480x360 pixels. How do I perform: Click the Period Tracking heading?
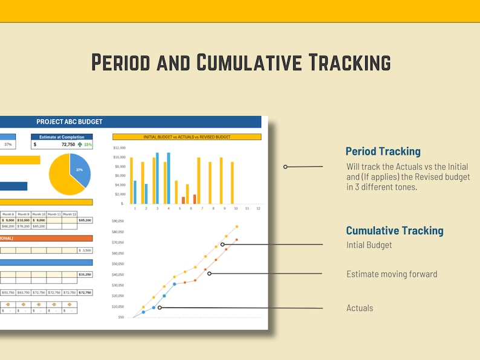pyautogui.click(x=383, y=152)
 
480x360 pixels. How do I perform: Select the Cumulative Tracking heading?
pyautogui.click(x=394, y=230)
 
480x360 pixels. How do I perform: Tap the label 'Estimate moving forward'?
pyautogui.click(x=391, y=274)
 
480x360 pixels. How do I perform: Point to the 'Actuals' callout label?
pyautogui.click(x=360, y=308)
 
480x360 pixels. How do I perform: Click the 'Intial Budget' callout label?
pyautogui.click(x=369, y=245)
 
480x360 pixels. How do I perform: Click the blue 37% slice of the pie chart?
pyautogui.click(x=80, y=169)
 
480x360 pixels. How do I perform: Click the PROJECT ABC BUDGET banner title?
pyautogui.click(x=70, y=122)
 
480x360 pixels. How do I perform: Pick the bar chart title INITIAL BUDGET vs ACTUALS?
pyautogui.click(x=187, y=137)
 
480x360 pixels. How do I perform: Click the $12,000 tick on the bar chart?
pyautogui.click(x=119, y=148)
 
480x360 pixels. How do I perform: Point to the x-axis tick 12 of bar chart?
pyautogui.click(x=258, y=208)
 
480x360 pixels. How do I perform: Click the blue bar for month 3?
pyautogui.click(x=157, y=178)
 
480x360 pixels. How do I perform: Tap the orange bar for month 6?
pyautogui.click(x=195, y=199)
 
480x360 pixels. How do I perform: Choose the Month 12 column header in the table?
pyautogui.click(x=70, y=214)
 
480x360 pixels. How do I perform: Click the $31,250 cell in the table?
pyautogui.click(x=85, y=274)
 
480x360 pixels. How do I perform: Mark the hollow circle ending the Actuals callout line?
pyautogui.click(x=160, y=307)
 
